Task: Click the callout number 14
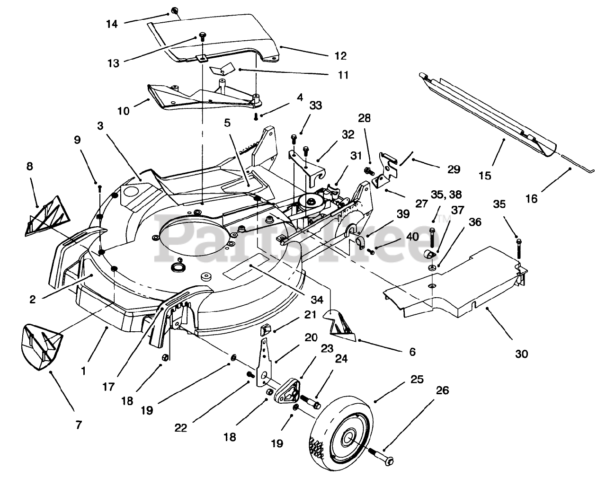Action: click(112, 24)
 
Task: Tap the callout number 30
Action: click(522, 354)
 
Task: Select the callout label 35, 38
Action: click(446, 194)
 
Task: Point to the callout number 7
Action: click(79, 425)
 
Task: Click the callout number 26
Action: click(442, 390)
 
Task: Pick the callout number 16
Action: click(532, 199)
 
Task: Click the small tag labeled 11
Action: click(222, 69)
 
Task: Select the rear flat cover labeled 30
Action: click(455, 283)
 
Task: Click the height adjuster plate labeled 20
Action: click(264, 363)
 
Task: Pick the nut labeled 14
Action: click(175, 11)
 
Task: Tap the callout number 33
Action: click(315, 105)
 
